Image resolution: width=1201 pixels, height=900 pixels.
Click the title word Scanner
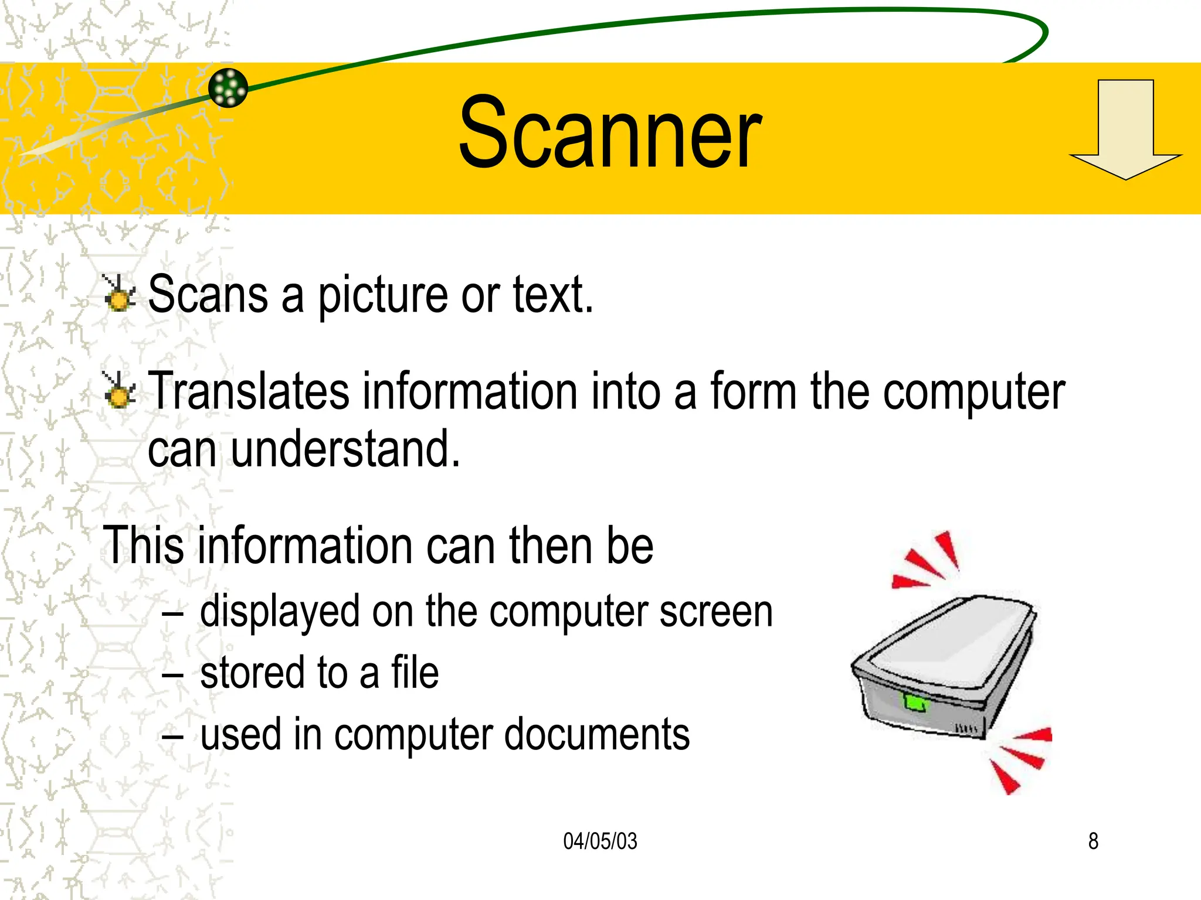[x=610, y=134]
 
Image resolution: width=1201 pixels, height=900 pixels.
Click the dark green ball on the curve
[x=228, y=88]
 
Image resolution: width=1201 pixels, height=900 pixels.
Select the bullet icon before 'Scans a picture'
[x=119, y=293]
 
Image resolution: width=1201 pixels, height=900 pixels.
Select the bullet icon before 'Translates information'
[x=119, y=390]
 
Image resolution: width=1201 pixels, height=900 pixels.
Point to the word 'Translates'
[x=249, y=391]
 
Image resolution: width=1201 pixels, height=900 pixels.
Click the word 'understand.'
[x=345, y=449]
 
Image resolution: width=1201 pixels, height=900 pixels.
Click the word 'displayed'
[x=280, y=612]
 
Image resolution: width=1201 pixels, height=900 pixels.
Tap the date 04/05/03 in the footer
[x=600, y=841]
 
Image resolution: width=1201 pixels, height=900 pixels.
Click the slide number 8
[x=1093, y=841]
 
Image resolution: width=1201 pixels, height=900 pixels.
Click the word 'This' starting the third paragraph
[x=142, y=546]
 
